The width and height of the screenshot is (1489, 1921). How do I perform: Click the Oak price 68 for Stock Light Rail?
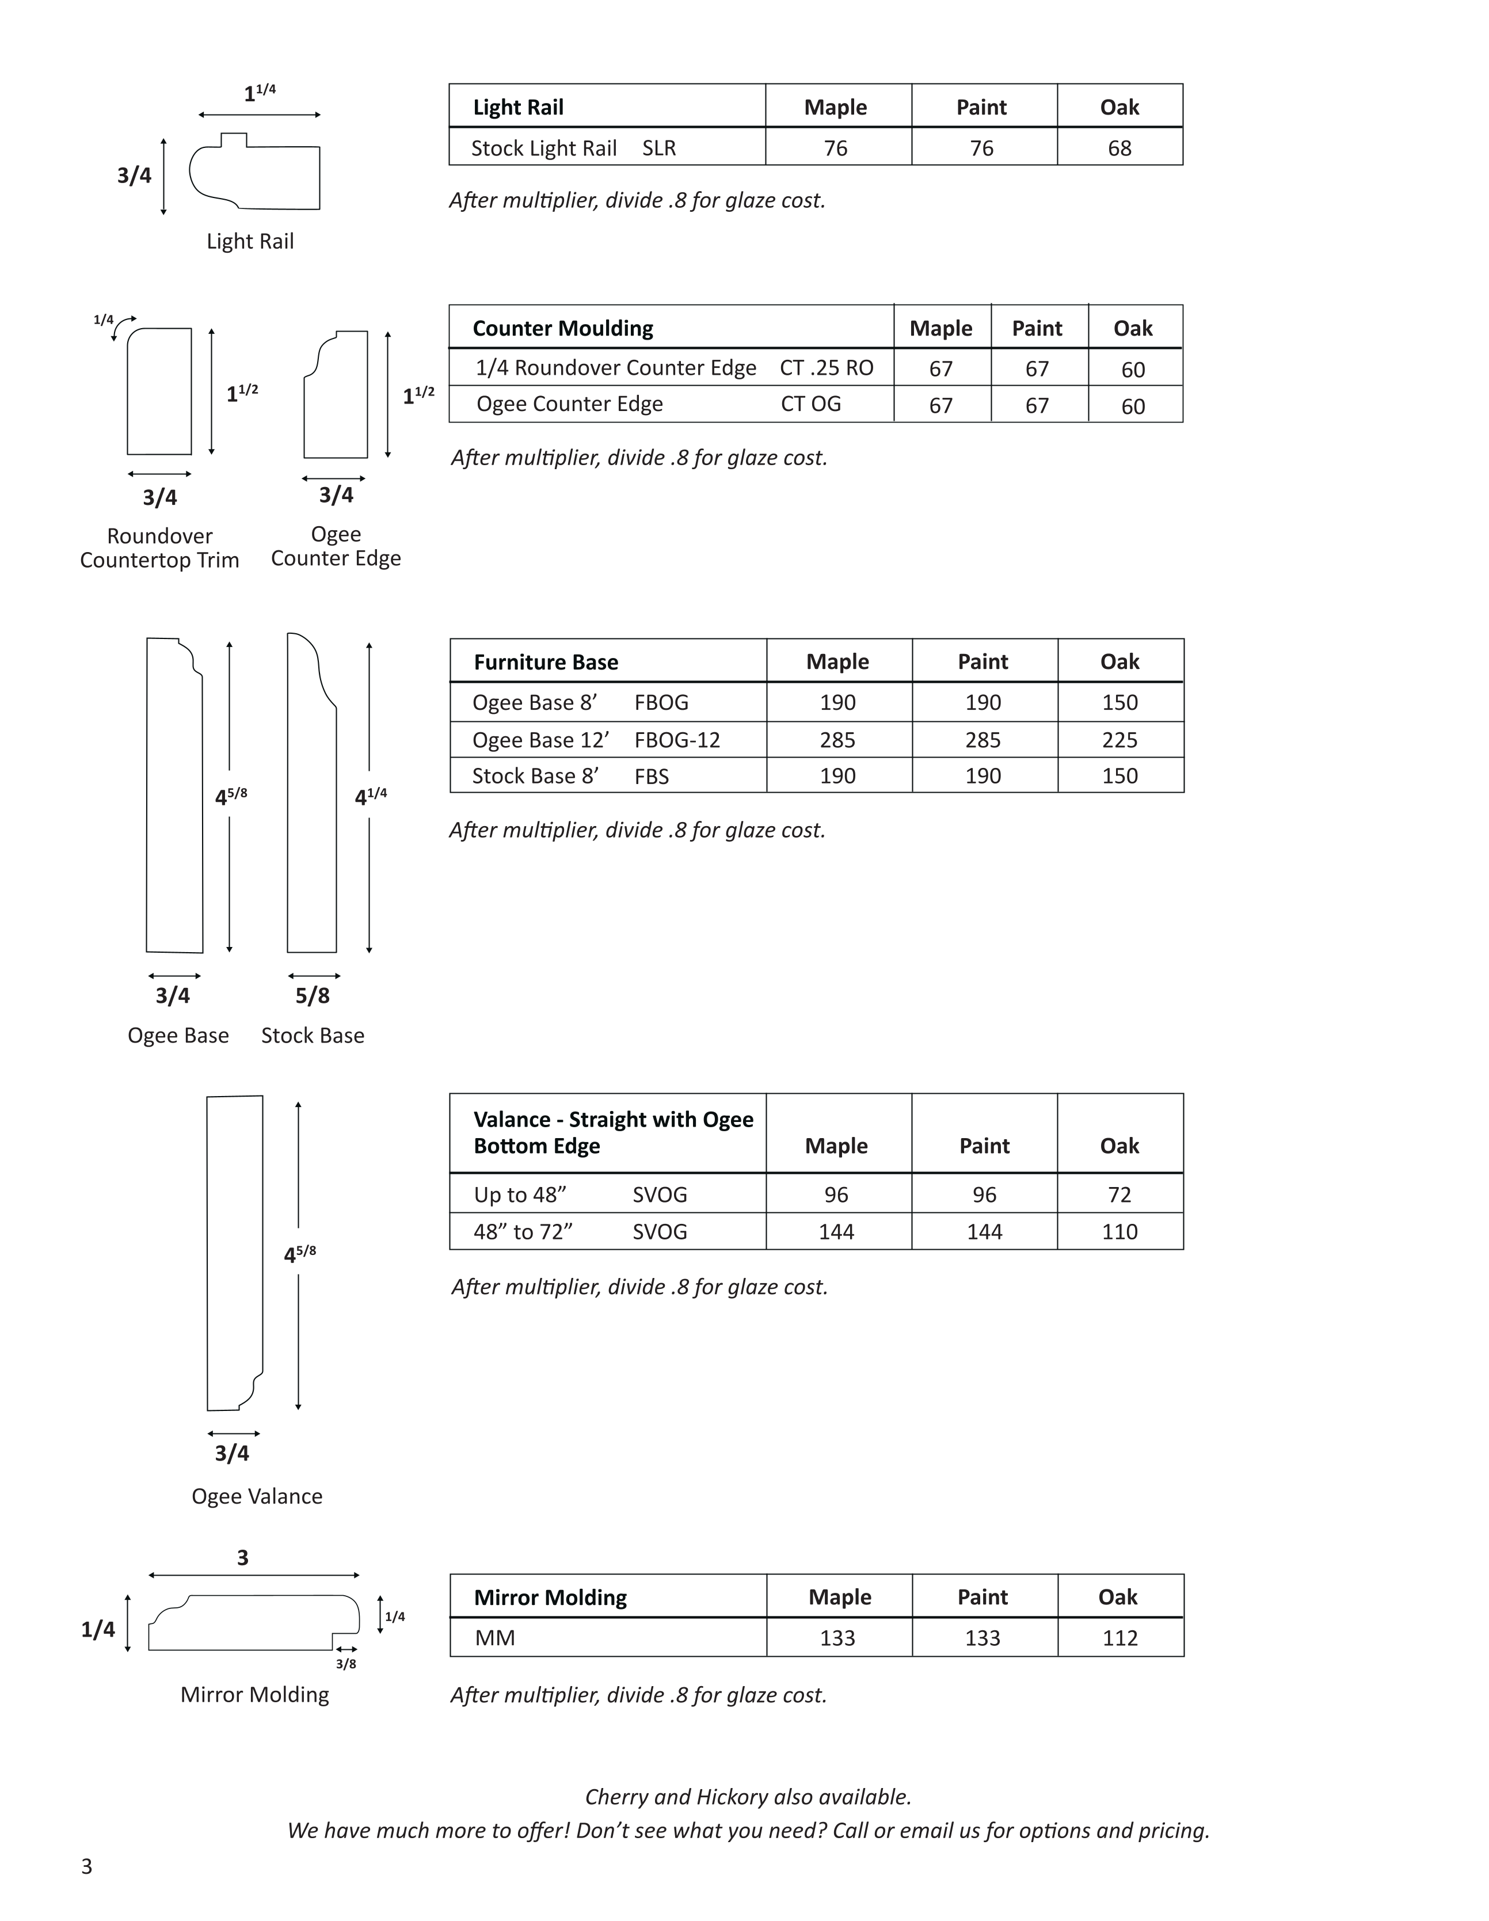[x=1119, y=148]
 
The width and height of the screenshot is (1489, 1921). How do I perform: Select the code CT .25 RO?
[x=826, y=368]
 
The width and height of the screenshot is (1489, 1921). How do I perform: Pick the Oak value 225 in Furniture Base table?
[x=1119, y=740]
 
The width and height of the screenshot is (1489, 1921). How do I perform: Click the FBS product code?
[x=651, y=777]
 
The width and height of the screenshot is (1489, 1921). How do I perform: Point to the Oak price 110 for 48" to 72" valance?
[x=1119, y=1231]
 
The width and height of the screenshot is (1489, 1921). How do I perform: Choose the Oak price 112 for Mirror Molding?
[x=1119, y=1638]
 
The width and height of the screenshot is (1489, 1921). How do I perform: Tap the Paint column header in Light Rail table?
[x=981, y=107]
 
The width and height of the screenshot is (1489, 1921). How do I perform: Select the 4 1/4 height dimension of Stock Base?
[x=370, y=797]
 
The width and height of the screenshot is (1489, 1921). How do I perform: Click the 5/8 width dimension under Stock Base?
[x=312, y=996]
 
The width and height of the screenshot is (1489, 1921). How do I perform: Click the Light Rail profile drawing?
[x=255, y=173]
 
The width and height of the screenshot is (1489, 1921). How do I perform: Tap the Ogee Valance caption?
[x=257, y=1496]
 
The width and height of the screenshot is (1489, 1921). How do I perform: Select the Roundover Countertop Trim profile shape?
[x=159, y=391]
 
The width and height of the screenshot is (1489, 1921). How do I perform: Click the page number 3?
[x=86, y=1866]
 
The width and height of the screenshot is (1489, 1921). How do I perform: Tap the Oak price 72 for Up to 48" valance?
[x=1119, y=1195]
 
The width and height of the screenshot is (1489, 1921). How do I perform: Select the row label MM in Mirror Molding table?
[x=494, y=1638]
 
